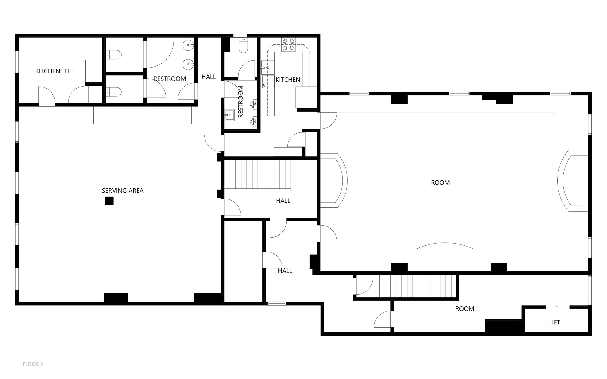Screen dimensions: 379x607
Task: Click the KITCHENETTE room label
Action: (54, 71)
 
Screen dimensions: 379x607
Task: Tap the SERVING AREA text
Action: (122, 191)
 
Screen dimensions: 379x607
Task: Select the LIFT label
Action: (554, 322)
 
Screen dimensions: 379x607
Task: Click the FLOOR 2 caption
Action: (33, 364)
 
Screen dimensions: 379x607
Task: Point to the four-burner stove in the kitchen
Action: (288, 45)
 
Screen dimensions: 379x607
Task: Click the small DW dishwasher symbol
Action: (264, 85)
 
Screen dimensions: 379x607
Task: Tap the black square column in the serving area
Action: (109, 201)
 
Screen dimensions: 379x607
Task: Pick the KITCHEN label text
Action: (287, 80)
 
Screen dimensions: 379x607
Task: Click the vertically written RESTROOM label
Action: (240, 102)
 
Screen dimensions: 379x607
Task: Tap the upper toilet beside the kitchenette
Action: (114, 55)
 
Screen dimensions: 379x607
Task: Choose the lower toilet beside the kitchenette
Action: (114, 92)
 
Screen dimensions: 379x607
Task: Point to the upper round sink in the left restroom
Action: (188, 46)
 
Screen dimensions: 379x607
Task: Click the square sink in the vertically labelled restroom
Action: (229, 115)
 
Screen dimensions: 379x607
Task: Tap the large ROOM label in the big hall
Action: (440, 183)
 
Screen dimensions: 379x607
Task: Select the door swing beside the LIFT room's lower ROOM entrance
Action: (383, 319)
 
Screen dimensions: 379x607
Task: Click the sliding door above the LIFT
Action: (557, 307)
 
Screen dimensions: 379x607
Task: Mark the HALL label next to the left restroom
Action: (209, 77)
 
